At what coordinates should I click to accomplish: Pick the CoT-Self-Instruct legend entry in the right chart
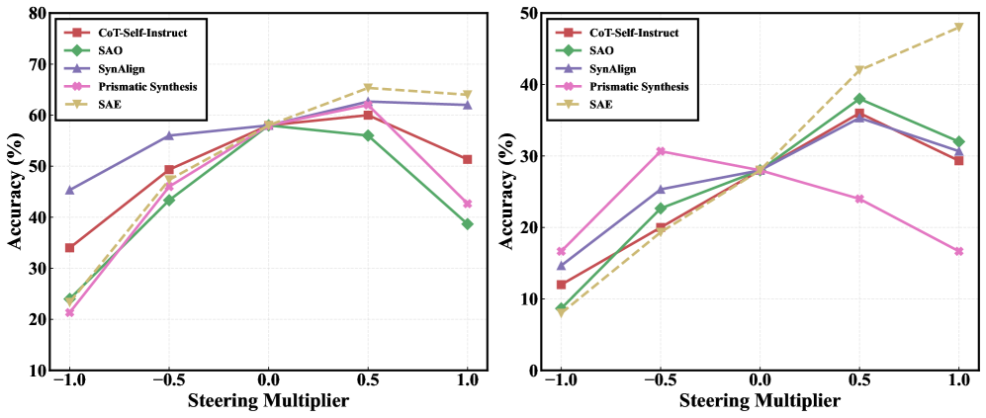632,33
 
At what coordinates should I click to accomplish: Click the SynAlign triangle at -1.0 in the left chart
69,190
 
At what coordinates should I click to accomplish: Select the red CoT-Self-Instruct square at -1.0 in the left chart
69,248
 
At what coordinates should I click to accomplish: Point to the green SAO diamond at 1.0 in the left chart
467,224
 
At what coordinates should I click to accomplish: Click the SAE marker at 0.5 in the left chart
368,88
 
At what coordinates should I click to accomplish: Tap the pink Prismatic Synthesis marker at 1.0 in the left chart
467,204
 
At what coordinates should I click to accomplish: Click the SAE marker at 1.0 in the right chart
958,27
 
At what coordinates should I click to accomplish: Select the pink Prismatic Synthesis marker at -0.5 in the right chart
661,151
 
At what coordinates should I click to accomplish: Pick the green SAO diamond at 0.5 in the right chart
859,99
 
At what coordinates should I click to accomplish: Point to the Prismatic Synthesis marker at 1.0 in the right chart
958,251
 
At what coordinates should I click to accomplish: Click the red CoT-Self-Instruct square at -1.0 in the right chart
562,285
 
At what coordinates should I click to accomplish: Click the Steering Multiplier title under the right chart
760,401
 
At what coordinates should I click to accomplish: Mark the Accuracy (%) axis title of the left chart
13,192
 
